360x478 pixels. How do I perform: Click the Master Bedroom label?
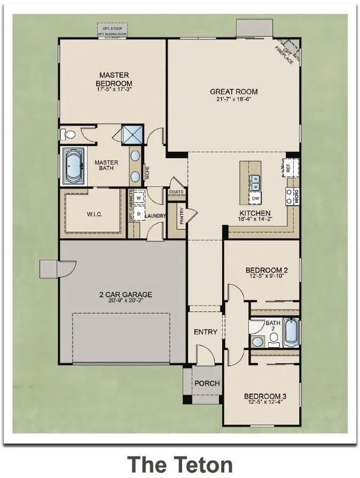[114, 80]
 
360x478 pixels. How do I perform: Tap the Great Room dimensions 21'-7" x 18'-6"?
[230, 99]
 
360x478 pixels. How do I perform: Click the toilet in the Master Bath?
[66, 134]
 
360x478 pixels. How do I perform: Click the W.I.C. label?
[94, 215]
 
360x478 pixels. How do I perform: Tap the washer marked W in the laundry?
[139, 198]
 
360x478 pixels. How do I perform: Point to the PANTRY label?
[181, 217]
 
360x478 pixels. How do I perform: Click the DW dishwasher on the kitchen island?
[255, 198]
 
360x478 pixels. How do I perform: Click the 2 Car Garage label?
[126, 294]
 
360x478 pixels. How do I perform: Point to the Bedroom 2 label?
[267, 270]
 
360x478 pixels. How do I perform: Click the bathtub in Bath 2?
[291, 332]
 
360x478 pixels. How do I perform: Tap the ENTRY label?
[205, 332]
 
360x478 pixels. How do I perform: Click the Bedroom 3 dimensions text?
[265, 403]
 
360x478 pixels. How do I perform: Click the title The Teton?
[179, 463]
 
